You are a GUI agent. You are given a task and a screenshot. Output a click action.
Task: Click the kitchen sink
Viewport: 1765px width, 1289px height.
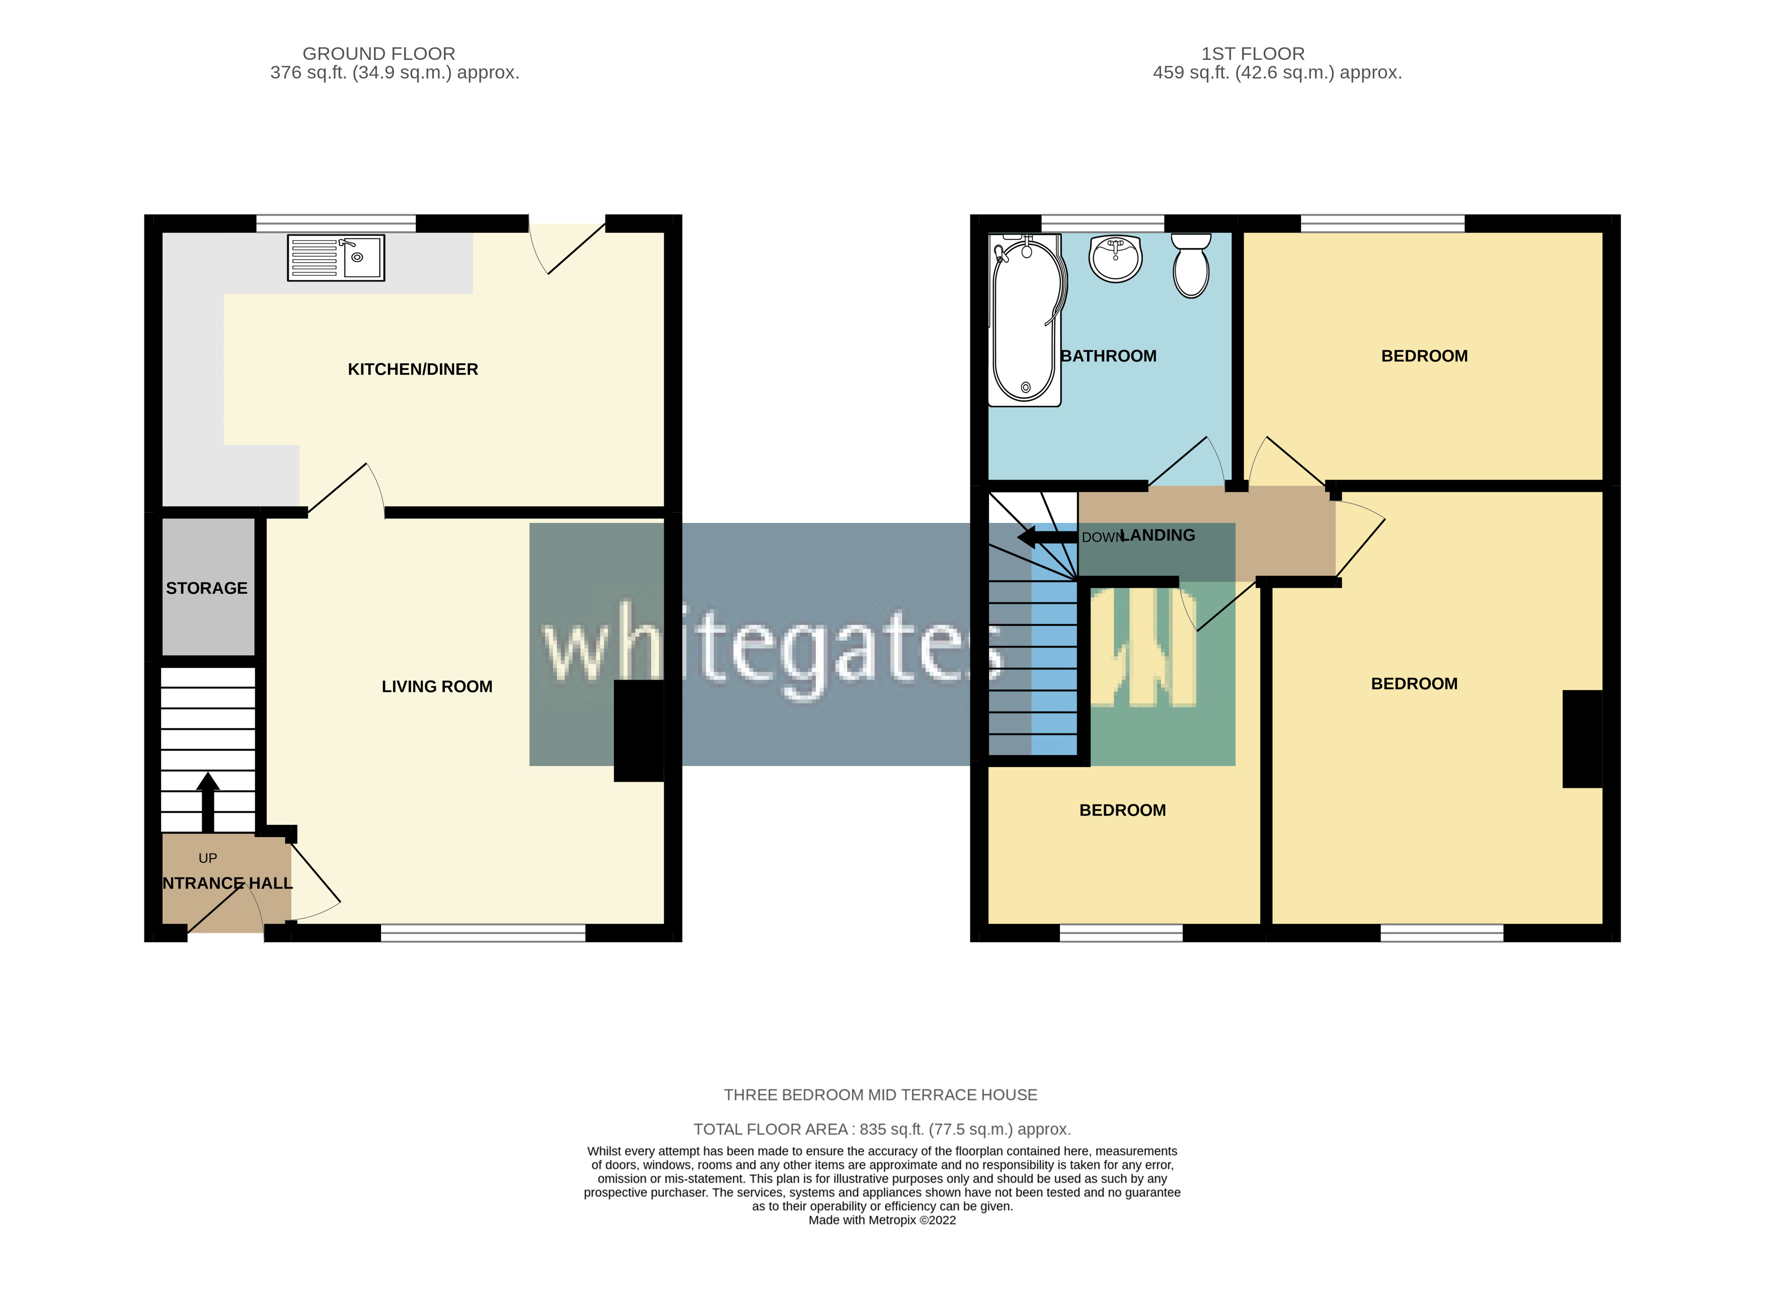(336, 258)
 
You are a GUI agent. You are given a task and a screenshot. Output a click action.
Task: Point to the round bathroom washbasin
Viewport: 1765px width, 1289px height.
(1116, 258)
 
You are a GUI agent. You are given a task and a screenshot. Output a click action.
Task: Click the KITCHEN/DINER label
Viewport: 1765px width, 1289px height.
(413, 369)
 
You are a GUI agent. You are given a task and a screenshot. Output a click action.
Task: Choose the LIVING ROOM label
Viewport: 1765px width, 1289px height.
(437, 687)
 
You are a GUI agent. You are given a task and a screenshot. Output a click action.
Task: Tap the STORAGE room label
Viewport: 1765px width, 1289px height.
(207, 588)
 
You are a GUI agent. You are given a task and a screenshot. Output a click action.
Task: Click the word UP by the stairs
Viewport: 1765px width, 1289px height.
(207, 858)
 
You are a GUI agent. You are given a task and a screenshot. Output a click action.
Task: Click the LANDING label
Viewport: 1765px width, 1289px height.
(1158, 535)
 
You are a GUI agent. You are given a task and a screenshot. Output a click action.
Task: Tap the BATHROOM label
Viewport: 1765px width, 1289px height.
(1108, 356)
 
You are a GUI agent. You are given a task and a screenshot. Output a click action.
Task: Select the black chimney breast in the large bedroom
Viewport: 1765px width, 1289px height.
(1582, 739)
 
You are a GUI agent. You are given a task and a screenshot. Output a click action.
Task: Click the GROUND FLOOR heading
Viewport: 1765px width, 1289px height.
(378, 54)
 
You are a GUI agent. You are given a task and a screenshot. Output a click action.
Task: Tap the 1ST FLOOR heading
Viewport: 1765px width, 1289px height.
(1252, 54)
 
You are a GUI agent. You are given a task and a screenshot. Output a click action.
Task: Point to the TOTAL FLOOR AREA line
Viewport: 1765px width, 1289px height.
(882, 1129)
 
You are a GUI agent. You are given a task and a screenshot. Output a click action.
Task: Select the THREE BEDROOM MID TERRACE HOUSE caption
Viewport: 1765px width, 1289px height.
(880, 1095)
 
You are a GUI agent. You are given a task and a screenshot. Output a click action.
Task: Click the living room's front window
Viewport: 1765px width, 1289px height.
(483, 933)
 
